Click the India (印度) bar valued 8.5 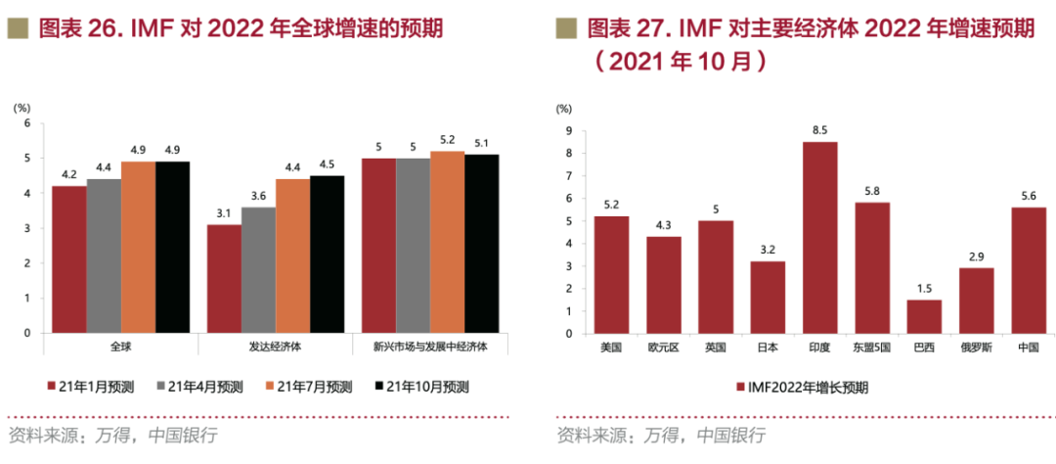pyautogui.click(x=820, y=237)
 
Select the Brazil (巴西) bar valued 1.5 pyautogui.click(x=924, y=316)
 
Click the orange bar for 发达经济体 pyautogui.click(x=292, y=256)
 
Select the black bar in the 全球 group pyautogui.click(x=172, y=248)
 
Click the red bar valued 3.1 pyautogui.click(x=224, y=279)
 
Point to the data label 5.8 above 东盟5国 pyautogui.click(x=872, y=190)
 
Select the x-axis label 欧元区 pyautogui.click(x=664, y=347)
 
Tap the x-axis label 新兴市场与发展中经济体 pyautogui.click(x=430, y=347)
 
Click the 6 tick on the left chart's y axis pyautogui.click(x=27, y=123)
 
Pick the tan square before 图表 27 pyautogui.click(x=565, y=28)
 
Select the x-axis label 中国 pyautogui.click(x=1028, y=347)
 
